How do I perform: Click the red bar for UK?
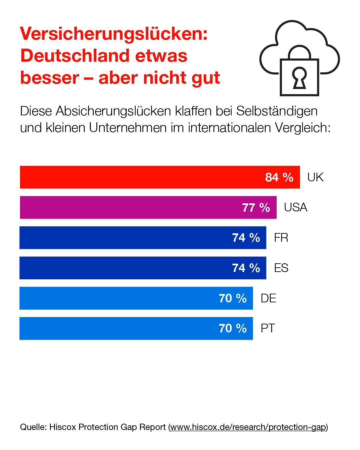pos(140,177)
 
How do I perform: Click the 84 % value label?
pos(279,177)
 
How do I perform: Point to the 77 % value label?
pos(256,207)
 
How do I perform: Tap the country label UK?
pos(315,177)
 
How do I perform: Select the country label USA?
pos(295,207)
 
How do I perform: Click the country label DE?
pos(268,298)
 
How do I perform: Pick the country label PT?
pos(268,328)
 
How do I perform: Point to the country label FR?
pos(281,238)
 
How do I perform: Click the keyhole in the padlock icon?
pos(299,78)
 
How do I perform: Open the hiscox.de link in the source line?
pos(248,427)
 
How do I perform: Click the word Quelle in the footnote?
pos(32,427)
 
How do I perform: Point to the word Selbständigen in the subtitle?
pos(277,111)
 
